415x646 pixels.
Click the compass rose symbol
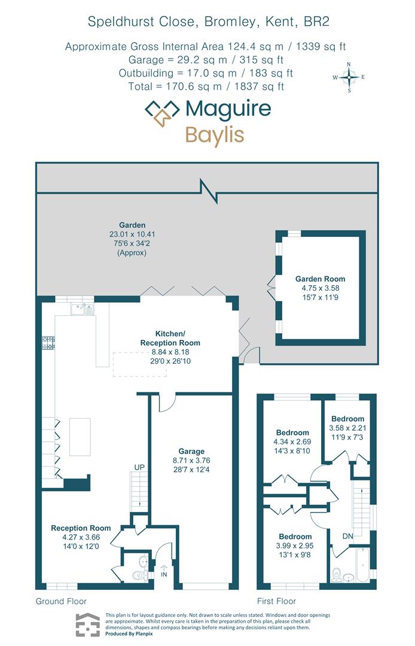[349, 77]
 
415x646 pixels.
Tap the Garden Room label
[320, 279]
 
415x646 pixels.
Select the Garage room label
[191, 451]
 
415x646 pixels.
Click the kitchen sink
[82, 309]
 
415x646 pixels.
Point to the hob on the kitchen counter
[48, 343]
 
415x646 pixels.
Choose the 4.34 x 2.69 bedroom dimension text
[292, 443]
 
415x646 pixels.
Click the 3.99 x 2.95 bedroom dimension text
[295, 546]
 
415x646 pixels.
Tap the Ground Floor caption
[61, 601]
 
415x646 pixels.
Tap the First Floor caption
[276, 601]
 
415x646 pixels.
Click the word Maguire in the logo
[228, 108]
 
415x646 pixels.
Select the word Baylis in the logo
[215, 134]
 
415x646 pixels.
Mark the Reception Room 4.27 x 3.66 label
[81, 537]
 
